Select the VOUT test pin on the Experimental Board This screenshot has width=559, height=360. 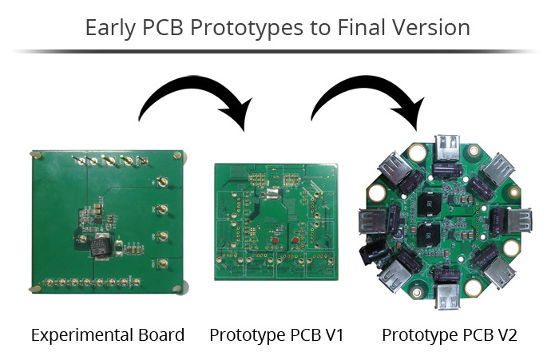[x=161, y=263]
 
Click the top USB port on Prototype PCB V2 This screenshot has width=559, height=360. [x=447, y=149]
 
